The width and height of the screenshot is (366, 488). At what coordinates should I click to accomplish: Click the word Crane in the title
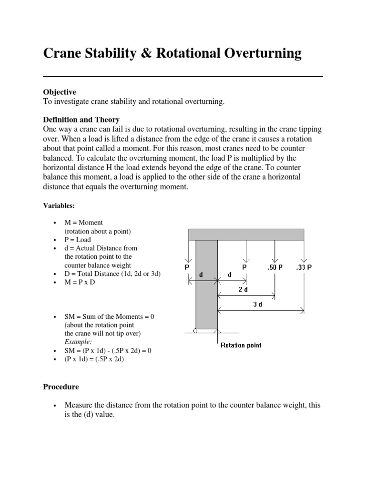63,53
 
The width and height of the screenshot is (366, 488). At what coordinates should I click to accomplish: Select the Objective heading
60,92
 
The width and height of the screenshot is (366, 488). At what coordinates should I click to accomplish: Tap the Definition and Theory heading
81,120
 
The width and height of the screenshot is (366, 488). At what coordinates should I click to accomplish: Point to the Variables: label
59,205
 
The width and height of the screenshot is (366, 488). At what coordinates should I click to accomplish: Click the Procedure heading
61,386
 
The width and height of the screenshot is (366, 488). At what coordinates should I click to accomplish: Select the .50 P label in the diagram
274,267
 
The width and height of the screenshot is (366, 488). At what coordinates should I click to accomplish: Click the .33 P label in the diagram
304,267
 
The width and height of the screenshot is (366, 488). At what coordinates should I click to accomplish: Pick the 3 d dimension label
257,305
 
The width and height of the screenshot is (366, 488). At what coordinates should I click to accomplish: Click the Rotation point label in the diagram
241,345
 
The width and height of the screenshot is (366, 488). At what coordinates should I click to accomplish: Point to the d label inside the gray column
201,275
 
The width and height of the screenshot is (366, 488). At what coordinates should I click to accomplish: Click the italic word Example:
79,342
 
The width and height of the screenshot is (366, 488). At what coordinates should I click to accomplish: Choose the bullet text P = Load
78,240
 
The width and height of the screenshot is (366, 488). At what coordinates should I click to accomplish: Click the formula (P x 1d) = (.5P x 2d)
94,359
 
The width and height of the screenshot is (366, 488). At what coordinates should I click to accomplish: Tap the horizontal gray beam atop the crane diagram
246,234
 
